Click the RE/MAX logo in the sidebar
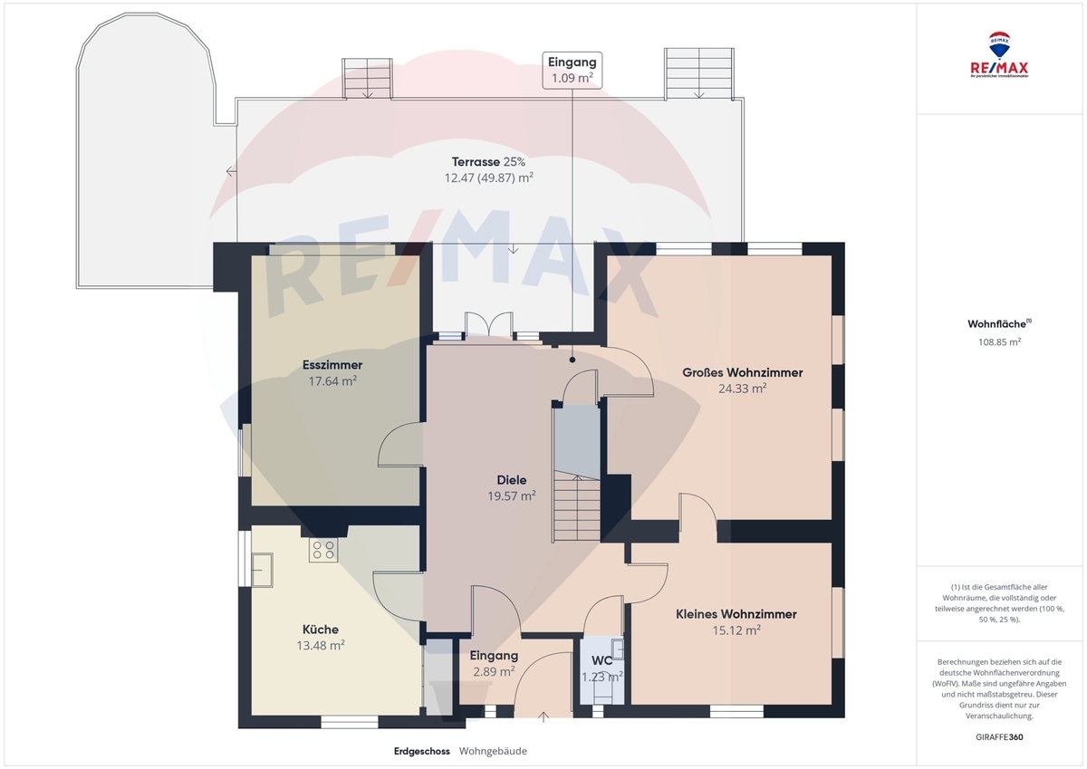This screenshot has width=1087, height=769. click(999, 55)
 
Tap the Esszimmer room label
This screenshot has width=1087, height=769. click(332, 365)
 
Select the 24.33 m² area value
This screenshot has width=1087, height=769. click(743, 389)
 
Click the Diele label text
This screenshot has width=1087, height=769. click(512, 480)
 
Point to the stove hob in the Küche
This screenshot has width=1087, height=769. click(323, 550)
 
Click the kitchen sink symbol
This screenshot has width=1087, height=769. click(262, 570)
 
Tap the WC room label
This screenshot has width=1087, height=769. click(601, 661)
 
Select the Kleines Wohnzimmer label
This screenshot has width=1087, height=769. click(736, 614)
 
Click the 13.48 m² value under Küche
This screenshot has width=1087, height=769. click(321, 646)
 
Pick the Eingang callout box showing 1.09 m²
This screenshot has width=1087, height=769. click(572, 71)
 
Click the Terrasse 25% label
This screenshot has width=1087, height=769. click(488, 162)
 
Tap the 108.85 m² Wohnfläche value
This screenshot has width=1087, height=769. click(999, 342)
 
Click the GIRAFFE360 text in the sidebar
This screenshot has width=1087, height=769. click(999, 737)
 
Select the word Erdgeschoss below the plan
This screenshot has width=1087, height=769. click(422, 751)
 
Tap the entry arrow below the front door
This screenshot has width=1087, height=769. click(543, 717)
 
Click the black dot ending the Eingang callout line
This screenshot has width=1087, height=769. click(572, 360)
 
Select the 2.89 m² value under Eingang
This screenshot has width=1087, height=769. click(494, 672)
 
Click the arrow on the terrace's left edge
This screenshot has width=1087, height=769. click(232, 171)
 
